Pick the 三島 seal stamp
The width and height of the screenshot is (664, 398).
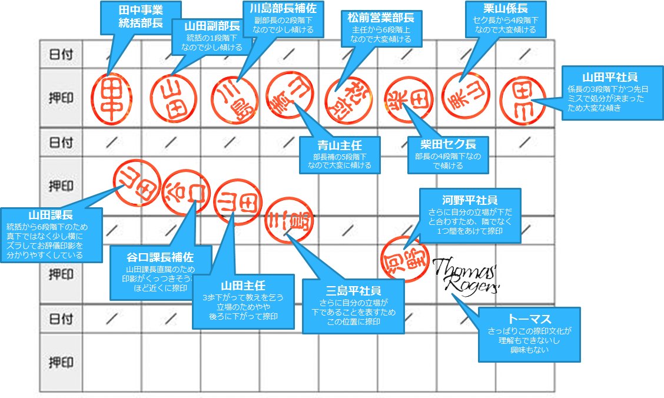click(290, 221)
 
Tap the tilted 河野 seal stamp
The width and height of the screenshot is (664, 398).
click(406, 257)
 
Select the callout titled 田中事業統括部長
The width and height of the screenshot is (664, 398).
click(141, 16)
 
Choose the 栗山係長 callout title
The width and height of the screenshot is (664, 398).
click(505, 9)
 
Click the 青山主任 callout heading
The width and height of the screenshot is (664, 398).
click(340, 145)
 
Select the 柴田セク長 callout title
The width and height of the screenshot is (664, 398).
click(449, 145)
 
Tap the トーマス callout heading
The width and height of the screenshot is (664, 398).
click(529, 319)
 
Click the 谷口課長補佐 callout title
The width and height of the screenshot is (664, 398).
click(161, 258)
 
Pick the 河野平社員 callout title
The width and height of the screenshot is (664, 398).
click(470, 198)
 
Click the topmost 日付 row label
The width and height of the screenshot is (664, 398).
click(61, 54)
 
